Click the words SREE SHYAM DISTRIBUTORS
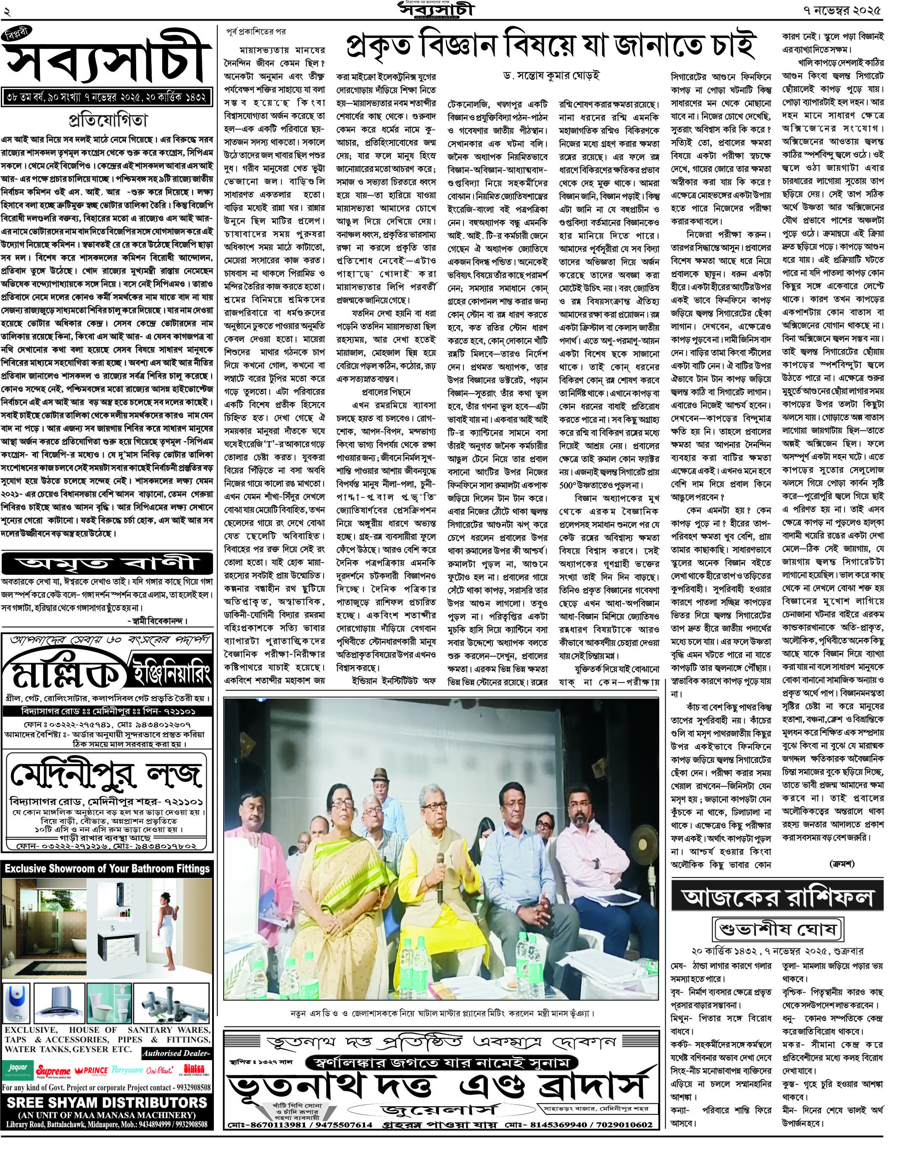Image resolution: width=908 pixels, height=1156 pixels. pyautogui.click(x=107, y=1102)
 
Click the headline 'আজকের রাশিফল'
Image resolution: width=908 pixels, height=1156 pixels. pyautogui.click(x=777, y=897)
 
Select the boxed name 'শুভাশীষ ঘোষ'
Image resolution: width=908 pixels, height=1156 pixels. pyautogui.click(x=777, y=929)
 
